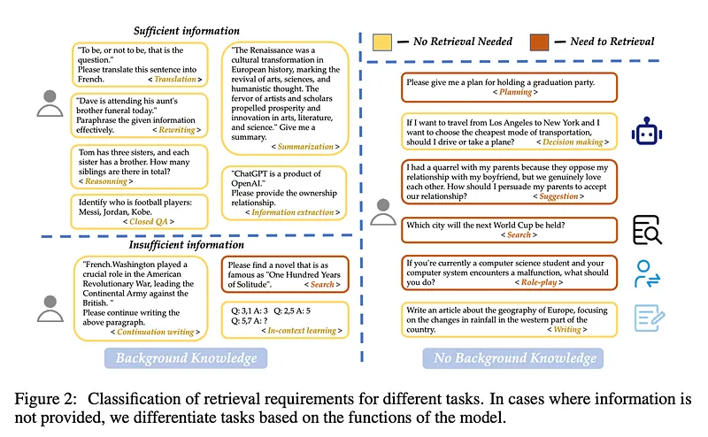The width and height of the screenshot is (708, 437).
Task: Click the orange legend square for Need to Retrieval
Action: click(x=538, y=41)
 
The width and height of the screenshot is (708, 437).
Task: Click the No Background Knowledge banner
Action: click(x=512, y=358)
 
